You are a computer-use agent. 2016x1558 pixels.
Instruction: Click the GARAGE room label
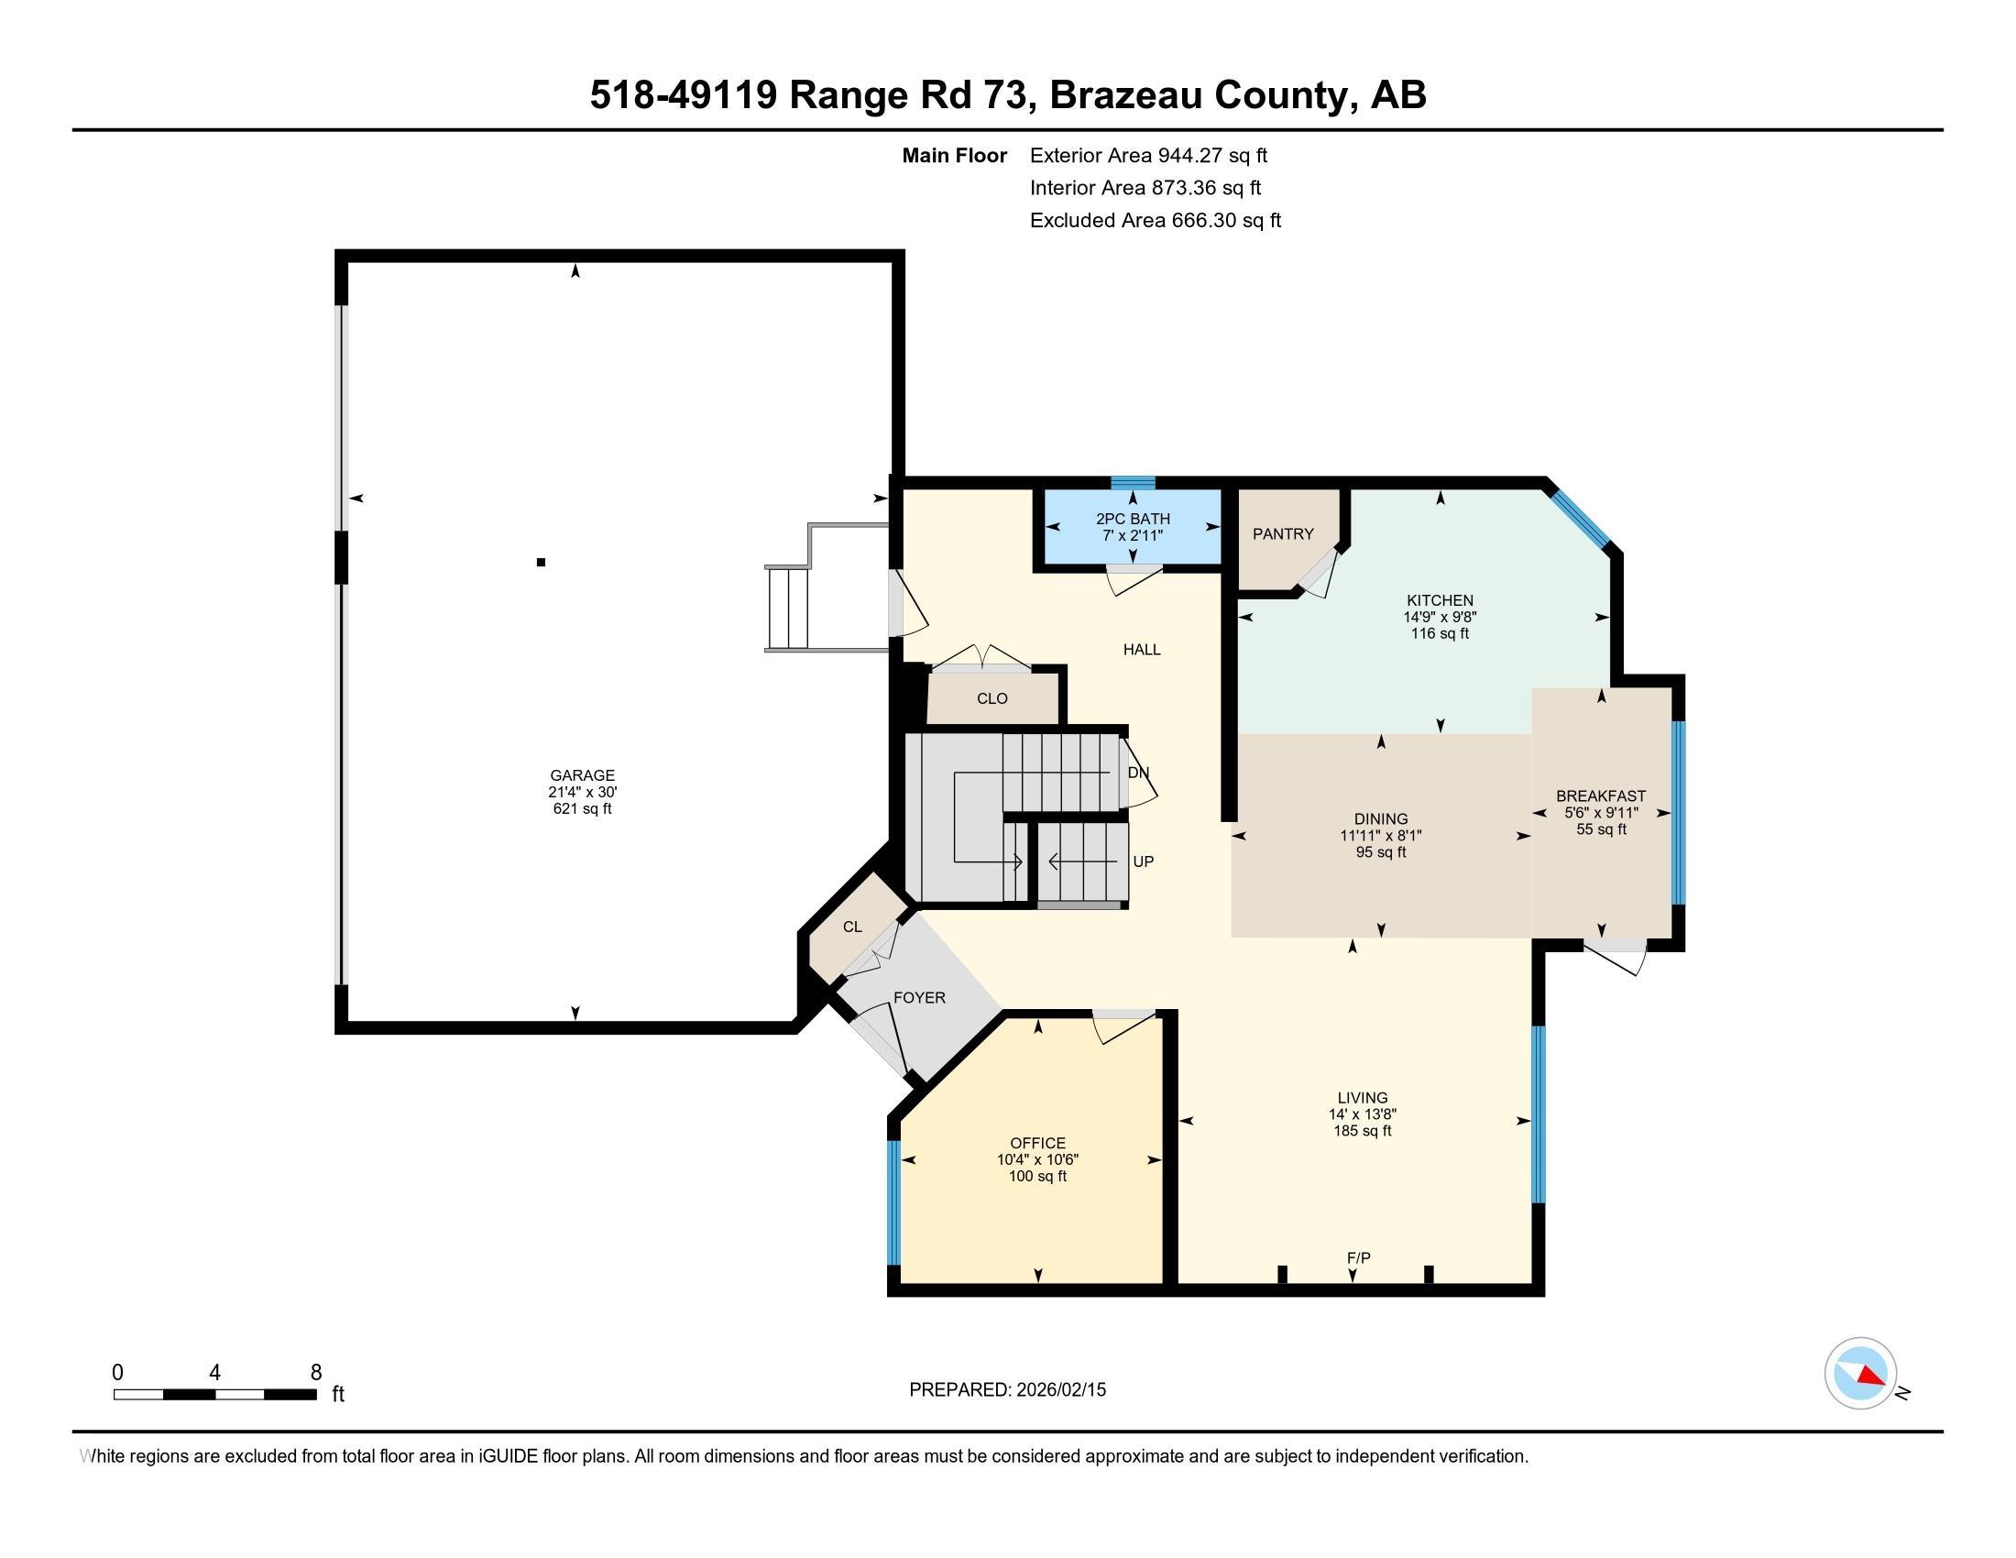582,775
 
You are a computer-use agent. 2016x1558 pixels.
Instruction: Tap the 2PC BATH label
1133,519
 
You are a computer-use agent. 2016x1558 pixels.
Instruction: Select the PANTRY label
1282,533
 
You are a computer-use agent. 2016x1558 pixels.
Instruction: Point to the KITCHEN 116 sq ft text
1439,633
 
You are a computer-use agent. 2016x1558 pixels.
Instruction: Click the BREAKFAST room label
1601,795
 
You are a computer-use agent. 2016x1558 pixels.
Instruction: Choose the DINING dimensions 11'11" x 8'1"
1381,835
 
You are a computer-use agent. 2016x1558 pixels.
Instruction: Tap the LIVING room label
1363,1097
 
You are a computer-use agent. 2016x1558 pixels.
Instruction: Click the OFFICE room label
1037,1143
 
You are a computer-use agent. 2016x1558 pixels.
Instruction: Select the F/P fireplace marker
1358,1257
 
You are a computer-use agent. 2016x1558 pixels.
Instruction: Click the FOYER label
918,997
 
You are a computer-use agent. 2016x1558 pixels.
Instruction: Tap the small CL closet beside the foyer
852,926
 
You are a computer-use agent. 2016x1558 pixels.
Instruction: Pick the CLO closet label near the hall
992,698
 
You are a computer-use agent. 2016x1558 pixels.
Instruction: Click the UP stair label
1143,861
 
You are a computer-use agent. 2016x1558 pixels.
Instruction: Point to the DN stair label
1138,773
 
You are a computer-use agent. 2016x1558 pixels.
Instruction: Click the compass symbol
1860,1374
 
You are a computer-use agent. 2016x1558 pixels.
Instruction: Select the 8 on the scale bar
316,1372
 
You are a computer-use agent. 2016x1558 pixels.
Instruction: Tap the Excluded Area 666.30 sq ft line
1155,220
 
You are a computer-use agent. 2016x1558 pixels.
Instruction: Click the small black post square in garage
541,561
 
